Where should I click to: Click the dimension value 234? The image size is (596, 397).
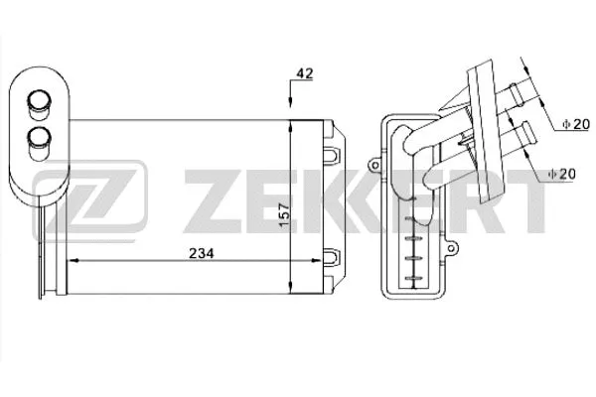(x=202, y=253)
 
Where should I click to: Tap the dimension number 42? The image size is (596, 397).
(x=305, y=73)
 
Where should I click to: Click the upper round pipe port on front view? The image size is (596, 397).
(x=40, y=100)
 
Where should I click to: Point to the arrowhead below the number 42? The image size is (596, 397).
(x=289, y=112)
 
